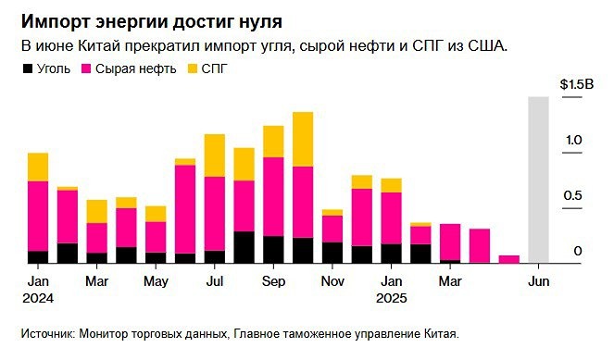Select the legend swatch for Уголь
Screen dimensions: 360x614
click(x=26, y=69)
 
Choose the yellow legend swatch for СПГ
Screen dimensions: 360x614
click(x=193, y=69)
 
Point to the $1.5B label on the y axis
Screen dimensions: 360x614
click(x=575, y=84)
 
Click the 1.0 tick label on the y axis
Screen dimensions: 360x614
click(x=573, y=140)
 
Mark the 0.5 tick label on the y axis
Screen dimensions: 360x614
click(x=573, y=195)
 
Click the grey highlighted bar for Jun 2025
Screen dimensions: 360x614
click(x=538, y=180)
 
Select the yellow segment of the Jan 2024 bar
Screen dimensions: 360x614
click(x=38, y=167)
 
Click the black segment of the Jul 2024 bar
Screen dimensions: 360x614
click(x=215, y=256)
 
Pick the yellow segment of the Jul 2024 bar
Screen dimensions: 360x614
click(x=215, y=155)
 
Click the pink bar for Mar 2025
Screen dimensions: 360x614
click(x=450, y=242)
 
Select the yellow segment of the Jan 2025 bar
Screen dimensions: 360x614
click(x=392, y=185)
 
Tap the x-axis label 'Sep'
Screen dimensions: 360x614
click(x=273, y=280)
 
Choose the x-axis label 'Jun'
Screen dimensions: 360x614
click(x=538, y=280)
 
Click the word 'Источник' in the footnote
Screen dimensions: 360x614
click(x=44, y=334)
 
